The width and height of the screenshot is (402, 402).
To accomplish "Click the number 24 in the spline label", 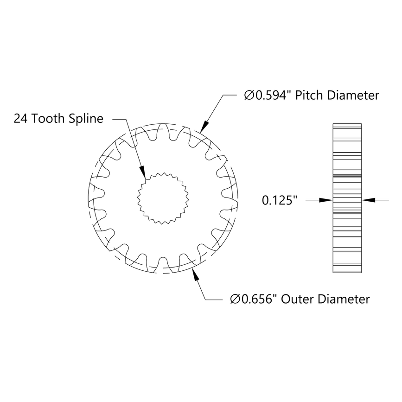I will [x=20, y=119].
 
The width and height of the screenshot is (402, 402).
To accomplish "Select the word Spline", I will [x=86, y=119].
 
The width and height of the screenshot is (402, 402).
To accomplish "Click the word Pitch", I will [x=310, y=96].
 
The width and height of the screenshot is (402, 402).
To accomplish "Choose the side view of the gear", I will [x=348, y=198].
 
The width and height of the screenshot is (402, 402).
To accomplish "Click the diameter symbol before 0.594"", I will [x=249, y=96].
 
